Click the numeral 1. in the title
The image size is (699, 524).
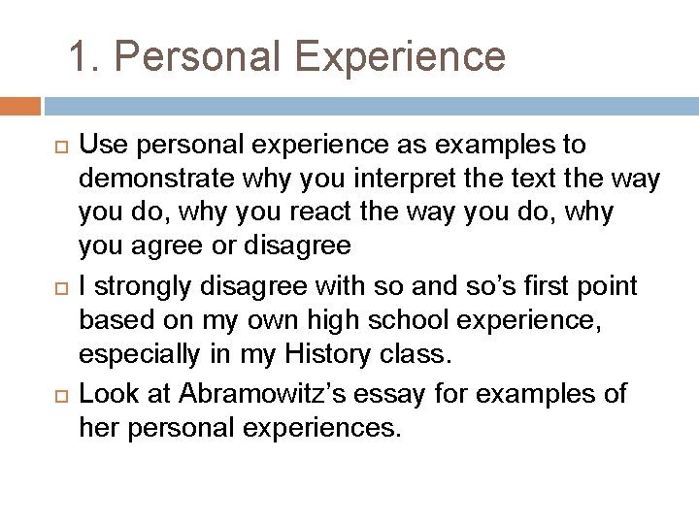(x=83, y=56)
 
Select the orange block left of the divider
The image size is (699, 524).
(x=20, y=106)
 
